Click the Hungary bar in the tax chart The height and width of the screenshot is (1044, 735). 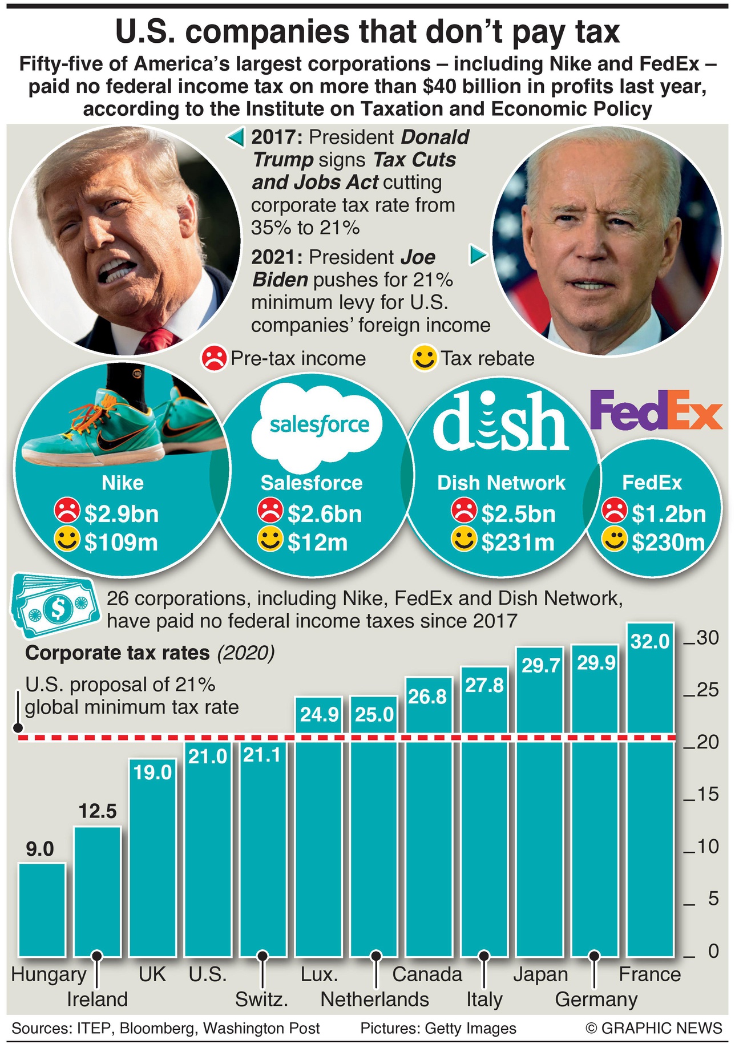pos(42,910)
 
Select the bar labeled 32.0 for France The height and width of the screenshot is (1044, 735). pos(650,799)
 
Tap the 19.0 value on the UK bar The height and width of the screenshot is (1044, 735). pos(152,772)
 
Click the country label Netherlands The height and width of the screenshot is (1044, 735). pos(374,1000)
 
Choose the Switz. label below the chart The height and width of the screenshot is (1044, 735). pos(261,1000)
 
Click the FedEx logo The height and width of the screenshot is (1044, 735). pos(656,410)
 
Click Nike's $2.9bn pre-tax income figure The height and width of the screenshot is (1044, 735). pos(121,514)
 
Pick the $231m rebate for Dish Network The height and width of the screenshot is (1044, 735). pos(517,542)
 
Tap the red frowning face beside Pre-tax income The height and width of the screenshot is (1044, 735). pos(214,358)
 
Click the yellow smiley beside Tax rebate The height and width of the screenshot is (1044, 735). pos(424,358)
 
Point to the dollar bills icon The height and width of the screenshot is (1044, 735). pos(53,606)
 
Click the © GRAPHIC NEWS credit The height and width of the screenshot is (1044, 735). pos(654,1028)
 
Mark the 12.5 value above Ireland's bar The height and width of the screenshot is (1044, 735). pos(98,811)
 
